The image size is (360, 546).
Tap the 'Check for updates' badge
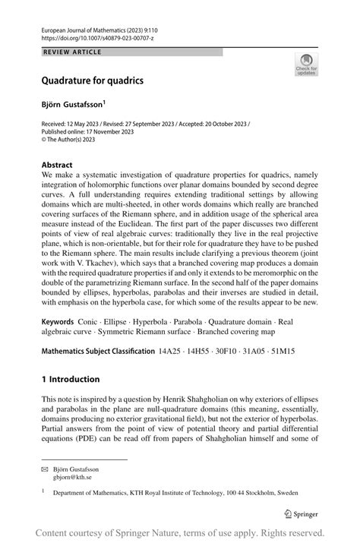[306, 65]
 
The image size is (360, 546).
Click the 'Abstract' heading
[57, 165]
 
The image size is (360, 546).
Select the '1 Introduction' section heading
[71, 379]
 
